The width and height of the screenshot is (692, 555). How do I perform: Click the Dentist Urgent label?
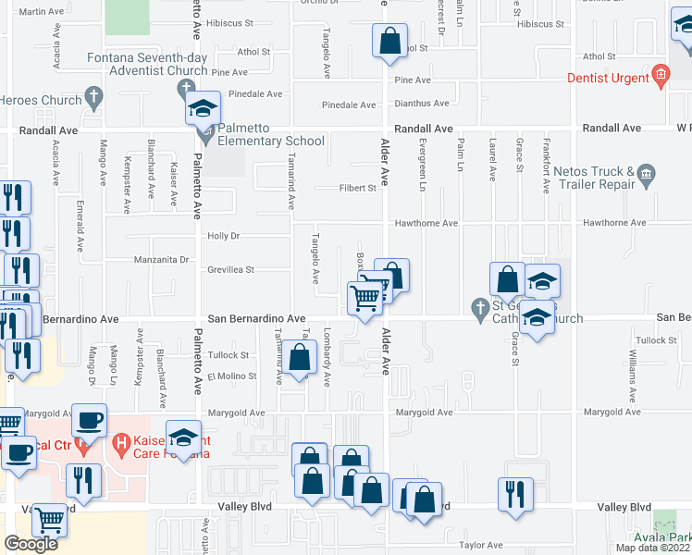tap(608, 79)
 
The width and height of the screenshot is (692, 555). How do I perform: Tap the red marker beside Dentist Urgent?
tap(661, 75)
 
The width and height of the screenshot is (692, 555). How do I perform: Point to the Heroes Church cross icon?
tap(93, 95)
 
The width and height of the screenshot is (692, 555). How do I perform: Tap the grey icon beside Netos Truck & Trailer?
tap(646, 171)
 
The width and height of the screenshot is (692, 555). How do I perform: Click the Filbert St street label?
tap(357, 188)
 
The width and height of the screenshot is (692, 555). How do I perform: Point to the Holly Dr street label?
tap(224, 237)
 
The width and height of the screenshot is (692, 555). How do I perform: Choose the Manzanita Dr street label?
tap(163, 261)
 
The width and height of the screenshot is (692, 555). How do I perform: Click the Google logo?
tap(31, 544)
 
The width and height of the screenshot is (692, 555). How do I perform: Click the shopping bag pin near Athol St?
tap(389, 42)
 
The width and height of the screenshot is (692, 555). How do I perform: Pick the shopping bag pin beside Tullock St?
tap(299, 358)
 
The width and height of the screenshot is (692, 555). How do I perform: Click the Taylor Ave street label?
tap(481, 546)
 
